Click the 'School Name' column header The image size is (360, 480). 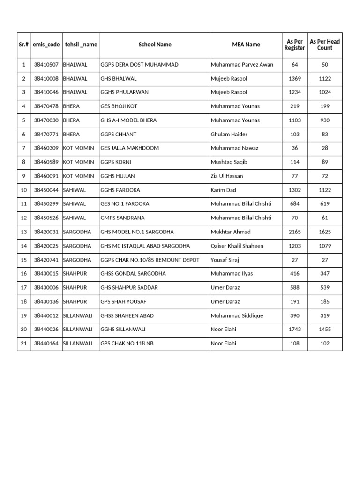tap(155, 45)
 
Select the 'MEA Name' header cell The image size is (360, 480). tap(246, 45)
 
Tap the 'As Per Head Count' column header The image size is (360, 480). tap(325, 45)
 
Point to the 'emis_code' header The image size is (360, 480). tap(46, 45)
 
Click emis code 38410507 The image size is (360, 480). tap(46, 65)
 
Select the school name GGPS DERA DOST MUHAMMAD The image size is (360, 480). tap(140, 65)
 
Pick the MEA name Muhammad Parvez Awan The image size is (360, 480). tap(242, 65)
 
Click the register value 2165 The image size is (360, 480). tap(295, 232)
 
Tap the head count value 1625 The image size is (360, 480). tap(325, 232)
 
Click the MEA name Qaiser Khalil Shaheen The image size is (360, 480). tap(237, 246)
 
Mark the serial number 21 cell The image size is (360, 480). tap(23, 344)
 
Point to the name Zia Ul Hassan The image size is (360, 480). tap(227, 176)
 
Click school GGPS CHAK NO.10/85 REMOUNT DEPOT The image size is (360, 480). tap(150, 260)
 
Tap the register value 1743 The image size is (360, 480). tap(295, 330)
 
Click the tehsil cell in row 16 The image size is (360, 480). tap(75, 274)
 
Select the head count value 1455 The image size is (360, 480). tap(325, 330)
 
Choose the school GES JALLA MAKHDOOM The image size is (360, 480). tap(130, 148)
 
